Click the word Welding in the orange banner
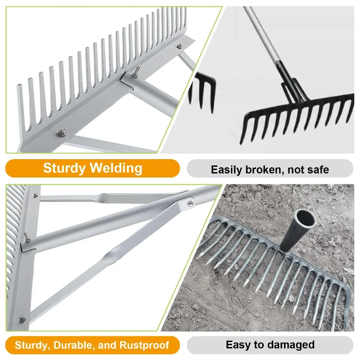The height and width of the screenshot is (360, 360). (x=116, y=169)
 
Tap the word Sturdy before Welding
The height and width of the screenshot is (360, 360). (x=64, y=169)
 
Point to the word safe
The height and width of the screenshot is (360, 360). (x=317, y=170)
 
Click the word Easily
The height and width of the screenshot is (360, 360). (x=227, y=170)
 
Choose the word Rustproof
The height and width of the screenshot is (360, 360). (x=144, y=345)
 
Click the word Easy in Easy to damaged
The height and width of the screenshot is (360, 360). (x=238, y=345)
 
